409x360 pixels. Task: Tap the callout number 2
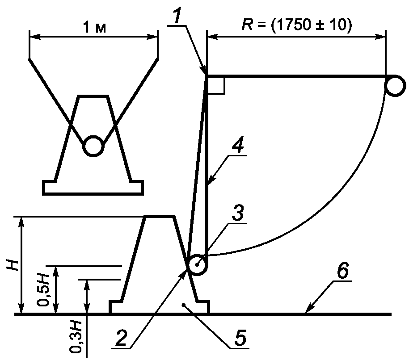[122, 338]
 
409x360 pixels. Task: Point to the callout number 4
[237, 146]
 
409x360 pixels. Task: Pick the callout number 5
[240, 338]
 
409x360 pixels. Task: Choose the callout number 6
[342, 271]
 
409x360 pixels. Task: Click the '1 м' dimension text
[94, 27]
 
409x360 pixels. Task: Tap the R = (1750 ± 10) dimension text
[297, 25]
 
